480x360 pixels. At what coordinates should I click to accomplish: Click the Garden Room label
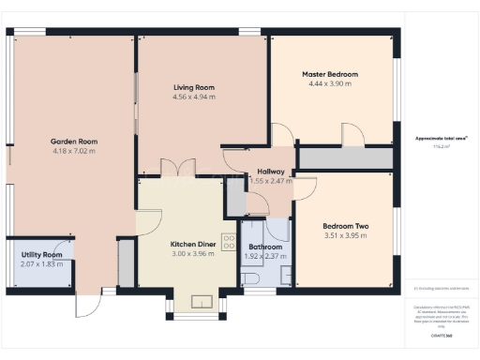72,142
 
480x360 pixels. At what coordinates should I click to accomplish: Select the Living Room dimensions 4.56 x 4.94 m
193,97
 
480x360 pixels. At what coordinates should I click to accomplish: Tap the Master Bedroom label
329,74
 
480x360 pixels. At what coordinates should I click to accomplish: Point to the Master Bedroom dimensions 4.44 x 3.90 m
329,83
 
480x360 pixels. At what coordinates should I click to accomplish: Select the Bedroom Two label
345,226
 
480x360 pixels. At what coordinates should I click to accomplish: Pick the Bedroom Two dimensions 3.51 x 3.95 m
345,236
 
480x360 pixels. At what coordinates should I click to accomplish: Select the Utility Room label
41,255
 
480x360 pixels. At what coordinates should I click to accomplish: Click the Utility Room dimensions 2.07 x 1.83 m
41,264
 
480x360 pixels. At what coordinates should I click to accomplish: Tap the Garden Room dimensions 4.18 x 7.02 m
72,151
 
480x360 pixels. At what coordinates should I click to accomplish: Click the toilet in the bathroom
249,278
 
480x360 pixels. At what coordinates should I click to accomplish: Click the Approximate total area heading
441,138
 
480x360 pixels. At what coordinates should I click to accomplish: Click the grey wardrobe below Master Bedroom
344,158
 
